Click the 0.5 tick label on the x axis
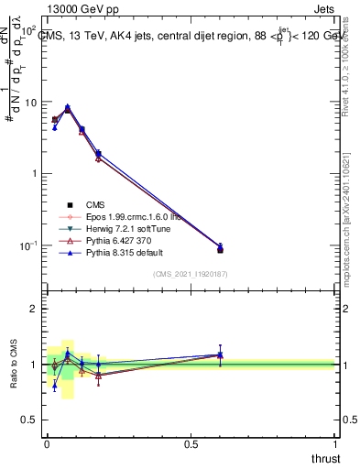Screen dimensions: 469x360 point(191,444)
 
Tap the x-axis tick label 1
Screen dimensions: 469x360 point(335,444)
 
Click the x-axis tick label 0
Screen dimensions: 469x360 point(46,444)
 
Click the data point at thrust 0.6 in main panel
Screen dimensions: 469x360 point(220,248)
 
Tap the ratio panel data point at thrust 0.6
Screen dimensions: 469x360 point(220,354)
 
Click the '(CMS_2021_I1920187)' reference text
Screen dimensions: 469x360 point(191,274)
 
